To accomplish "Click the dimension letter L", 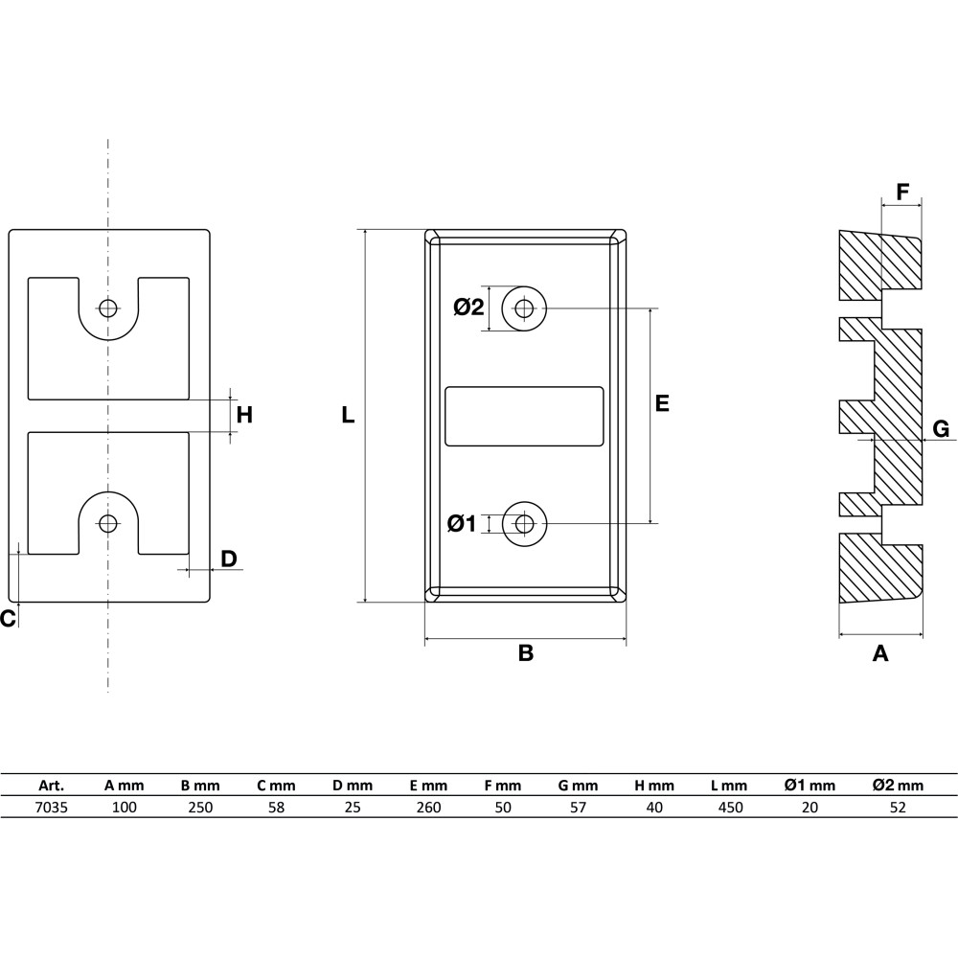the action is [x=348, y=416].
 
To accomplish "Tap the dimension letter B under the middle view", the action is [x=525, y=653].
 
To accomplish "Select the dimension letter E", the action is [x=662, y=403].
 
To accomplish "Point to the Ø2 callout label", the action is [x=468, y=308].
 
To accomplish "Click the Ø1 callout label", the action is [x=462, y=524].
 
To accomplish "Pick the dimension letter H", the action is [x=244, y=416].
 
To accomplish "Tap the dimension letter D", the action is [x=229, y=559].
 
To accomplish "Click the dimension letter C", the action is [x=8, y=618].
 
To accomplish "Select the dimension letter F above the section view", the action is [x=902, y=192].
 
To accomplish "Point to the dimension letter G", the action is [x=941, y=429].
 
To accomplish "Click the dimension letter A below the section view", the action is [x=879, y=653].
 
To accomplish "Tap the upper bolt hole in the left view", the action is [x=108, y=308].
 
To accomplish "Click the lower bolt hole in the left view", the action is [x=108, y=523].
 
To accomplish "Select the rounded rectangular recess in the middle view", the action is [x=524, y=416].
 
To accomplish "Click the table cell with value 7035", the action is [x=52, y=808].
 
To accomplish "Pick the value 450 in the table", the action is [x=731, y=808].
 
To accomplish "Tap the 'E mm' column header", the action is [x=428, y=786].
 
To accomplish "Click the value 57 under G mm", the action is [x=578, y=808].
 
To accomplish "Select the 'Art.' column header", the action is [x=52, y=786].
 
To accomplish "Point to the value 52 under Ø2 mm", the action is [x=898, y=808].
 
